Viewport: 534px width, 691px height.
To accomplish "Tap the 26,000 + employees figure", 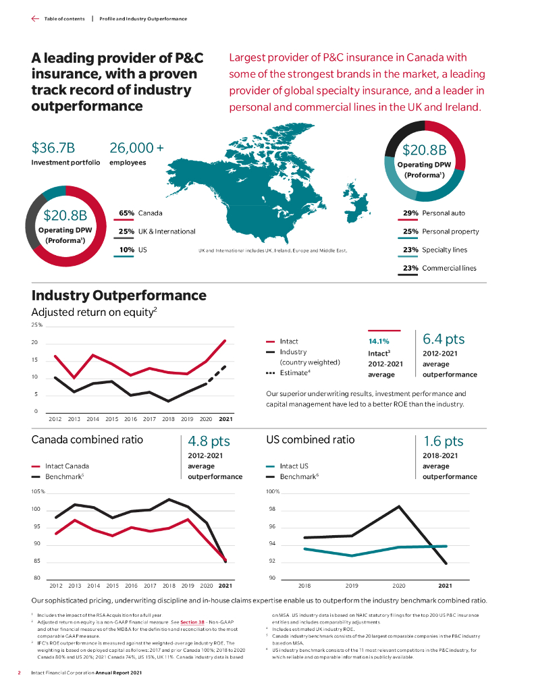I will point(136,148).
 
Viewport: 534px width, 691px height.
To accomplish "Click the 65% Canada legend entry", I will point(140,213).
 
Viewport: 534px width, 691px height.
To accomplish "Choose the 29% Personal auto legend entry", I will point(433,213).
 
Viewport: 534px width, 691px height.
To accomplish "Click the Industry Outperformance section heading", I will point(119,296).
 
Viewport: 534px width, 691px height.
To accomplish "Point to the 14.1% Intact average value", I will point(378,341).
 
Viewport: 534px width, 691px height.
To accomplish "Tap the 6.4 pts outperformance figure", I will point(444,339).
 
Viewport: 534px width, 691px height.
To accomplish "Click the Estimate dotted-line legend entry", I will point(289,372).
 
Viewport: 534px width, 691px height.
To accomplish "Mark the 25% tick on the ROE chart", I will point(37,325).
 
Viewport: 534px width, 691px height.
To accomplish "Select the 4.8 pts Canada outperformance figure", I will point(209,441).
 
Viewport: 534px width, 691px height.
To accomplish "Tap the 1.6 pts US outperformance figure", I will point(443,441).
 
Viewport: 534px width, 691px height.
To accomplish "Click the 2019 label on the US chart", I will point(352,586).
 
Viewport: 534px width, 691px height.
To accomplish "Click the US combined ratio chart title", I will point(311,440).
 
